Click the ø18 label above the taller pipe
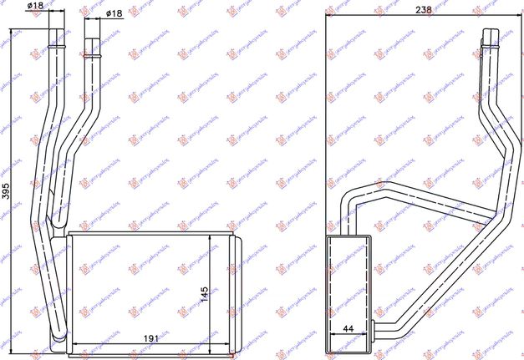pyautogui.click(x=35, y=7)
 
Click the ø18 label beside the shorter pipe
pyautogui.click(x=115, y=14)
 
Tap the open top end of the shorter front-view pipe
pyautogui.click(x=92, y=36)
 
